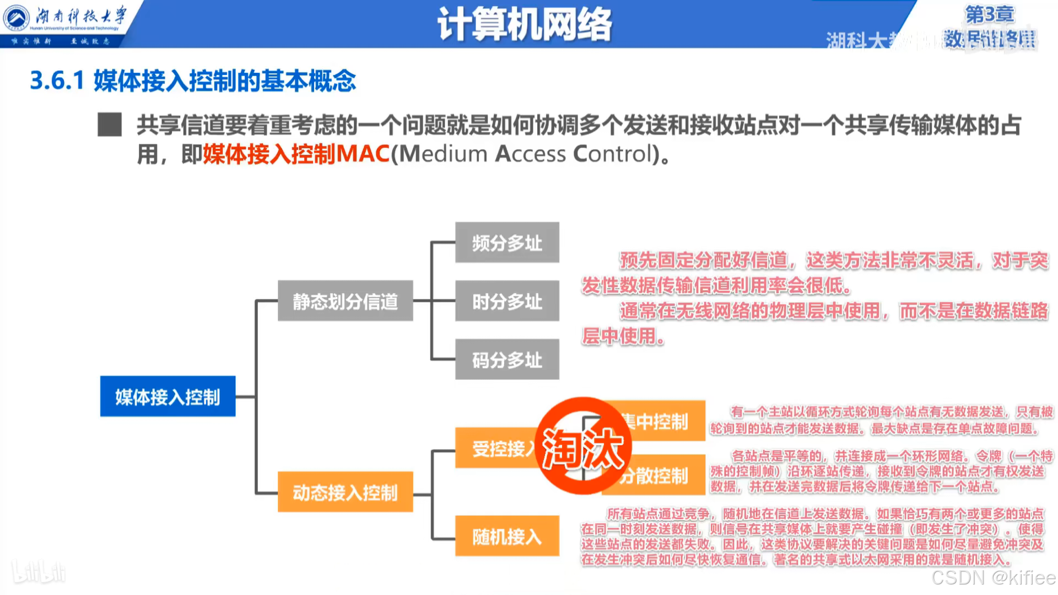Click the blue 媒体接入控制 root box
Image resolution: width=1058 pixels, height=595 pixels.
pyautogui.click(x=168, y=396)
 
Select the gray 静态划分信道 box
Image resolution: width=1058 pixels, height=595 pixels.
pyautogui.click(x=345, y=301)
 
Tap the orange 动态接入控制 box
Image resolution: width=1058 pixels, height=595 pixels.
pyautogui.click(x=345, y=492)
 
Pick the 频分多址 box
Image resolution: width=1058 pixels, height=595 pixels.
pyautogui.click(x=507, y=242)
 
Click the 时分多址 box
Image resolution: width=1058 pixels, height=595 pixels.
pyautogui.click(x=507, y=301)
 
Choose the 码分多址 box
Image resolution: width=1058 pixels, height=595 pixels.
pyautogui.click(x=507, y=359)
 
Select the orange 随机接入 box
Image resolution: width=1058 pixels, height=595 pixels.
pyautogui.click(x=507, y=536)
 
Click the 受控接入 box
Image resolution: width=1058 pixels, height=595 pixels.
pyautogui.click(x=496, y=448)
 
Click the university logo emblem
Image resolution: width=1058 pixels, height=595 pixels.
pyautogui.click(x=17, y=18)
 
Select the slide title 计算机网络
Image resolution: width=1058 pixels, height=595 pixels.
pyautogui.click(x=525, y=24)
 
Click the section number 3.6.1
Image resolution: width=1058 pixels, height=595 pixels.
pyautogui.click(x=57, y=81)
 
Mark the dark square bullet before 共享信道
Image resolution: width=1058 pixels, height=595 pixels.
pyautogui.click(x=110, y=125)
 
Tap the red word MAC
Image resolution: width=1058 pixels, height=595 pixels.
pyautogui.click(x=363, y=154)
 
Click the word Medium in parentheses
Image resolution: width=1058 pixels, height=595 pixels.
pyautogui.click(x=444, y=154)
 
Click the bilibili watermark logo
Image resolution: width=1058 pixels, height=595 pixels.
pyautogui.click(x=39, y=573)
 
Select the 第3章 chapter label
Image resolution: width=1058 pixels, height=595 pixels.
pyautogui.click(x=990, y=14)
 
